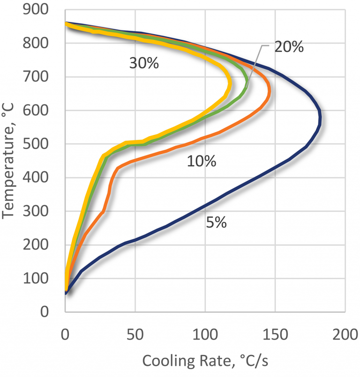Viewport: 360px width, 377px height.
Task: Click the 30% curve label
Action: point(144,63)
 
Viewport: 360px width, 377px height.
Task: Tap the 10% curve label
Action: point(201,162)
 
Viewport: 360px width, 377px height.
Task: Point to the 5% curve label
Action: point(216,223)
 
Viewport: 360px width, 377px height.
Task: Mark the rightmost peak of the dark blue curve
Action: point(320,119)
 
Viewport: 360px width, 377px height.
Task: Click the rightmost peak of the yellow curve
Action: point(229,84)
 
